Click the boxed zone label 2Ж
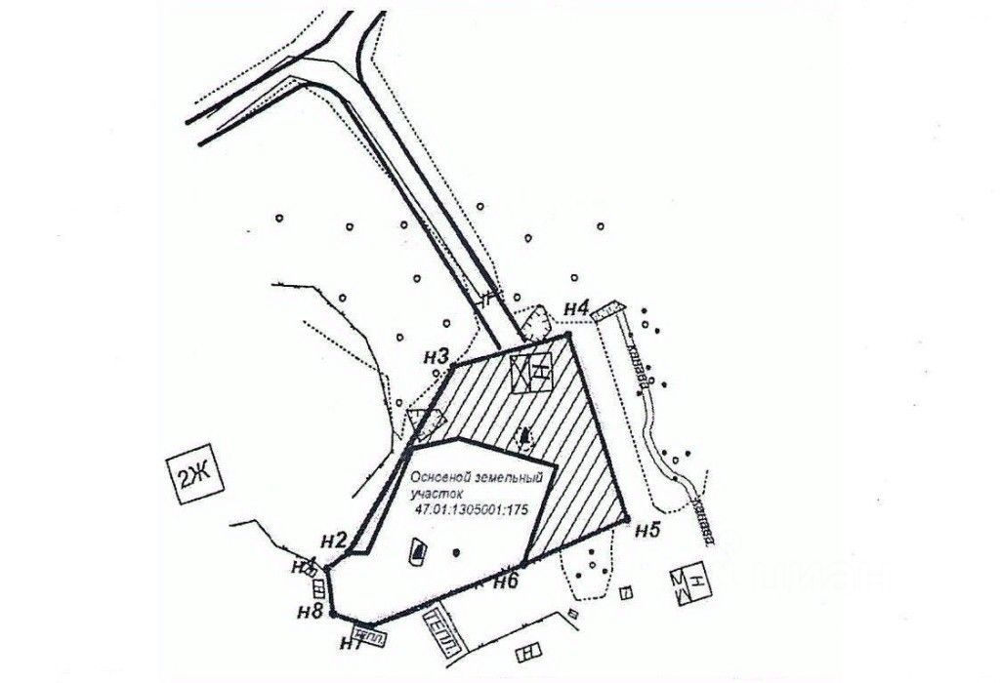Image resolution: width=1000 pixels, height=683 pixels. pos(193,477)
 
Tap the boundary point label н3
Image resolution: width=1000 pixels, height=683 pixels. pos(436,357)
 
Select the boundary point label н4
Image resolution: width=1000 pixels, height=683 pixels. pos(576,310)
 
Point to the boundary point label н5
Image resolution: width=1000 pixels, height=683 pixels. pos(647,531)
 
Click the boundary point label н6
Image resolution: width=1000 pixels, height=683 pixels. pos(505,583)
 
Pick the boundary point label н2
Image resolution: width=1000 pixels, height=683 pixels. pos(333,541)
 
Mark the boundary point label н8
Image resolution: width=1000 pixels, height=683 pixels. pos(312,613)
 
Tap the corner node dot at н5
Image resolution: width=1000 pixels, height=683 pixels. pos(626,518)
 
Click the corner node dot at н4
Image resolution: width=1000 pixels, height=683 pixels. pos(568,334)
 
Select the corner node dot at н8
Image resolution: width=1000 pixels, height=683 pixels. pos(333,615)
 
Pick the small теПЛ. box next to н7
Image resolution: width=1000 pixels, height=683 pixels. pos(369,635)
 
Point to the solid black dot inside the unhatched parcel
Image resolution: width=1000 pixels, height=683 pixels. pos(456,553)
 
